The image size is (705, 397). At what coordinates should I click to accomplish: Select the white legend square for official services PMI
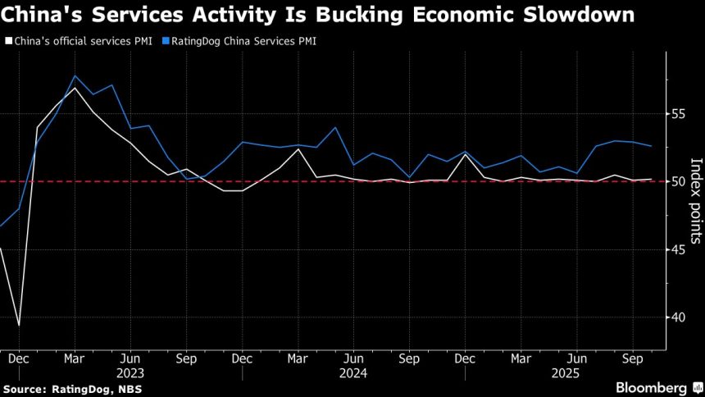pyautogui.click(x=8, y=39)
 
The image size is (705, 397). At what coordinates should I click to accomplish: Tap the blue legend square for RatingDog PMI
pyautogui.click(x=167, y=39)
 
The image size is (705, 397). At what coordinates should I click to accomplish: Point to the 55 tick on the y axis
pyautogui.click(x=679, y=113)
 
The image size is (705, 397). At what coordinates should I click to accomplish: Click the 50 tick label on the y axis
pyautogui.click(x=679, y=181)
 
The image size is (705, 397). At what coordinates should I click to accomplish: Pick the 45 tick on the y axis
pyautogui.click(x=679, y=249)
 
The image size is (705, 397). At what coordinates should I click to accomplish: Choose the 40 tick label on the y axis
pyautogui.click(x=679, y=317)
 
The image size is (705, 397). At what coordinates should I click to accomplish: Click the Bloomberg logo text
pyautogui.click(x=653, y=387)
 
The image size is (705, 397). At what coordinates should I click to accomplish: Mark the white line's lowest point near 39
pyautogui.click(x=19, y=326)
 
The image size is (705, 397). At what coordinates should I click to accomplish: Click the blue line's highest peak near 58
pyautogui.click(x=75, y=75)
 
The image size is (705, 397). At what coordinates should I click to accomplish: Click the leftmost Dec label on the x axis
pyautogui.click(x=19, y=358)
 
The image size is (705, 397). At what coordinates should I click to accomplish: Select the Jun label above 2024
pyautogui.click(x=352, y=358)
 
